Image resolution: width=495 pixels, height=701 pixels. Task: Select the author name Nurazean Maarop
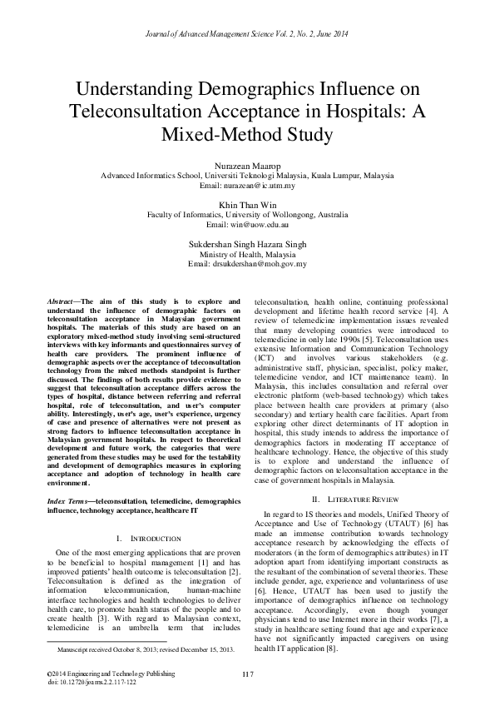247,167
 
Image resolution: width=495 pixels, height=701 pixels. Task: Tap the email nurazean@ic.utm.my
247,186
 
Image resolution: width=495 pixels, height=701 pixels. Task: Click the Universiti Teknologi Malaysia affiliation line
247,176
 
